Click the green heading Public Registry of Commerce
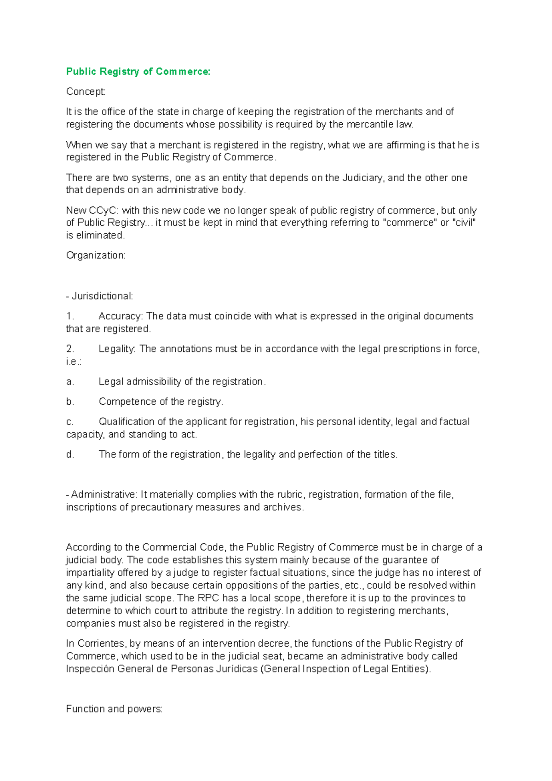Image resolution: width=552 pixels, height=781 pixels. [x=138, y=71]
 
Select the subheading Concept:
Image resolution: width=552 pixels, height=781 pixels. [x=86, y=92]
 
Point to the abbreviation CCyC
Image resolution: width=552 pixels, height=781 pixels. [x=103, y=210]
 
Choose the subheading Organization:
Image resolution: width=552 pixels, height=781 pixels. [x=96, y=255]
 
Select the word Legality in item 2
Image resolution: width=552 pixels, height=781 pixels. [x=117, y=349]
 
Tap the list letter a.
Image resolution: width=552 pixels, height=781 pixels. [x=70, y=381]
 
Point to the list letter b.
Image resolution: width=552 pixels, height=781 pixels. [x=70, y=402]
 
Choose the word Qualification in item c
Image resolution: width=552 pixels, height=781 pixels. [x=126, y=421]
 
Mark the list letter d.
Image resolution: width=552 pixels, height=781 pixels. [x=70, y=454]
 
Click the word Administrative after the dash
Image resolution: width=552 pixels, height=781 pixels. [x=104, y=494]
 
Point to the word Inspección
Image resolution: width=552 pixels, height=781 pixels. [x=90, y=669]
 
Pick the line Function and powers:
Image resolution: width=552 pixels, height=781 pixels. [x=114, y=709]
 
